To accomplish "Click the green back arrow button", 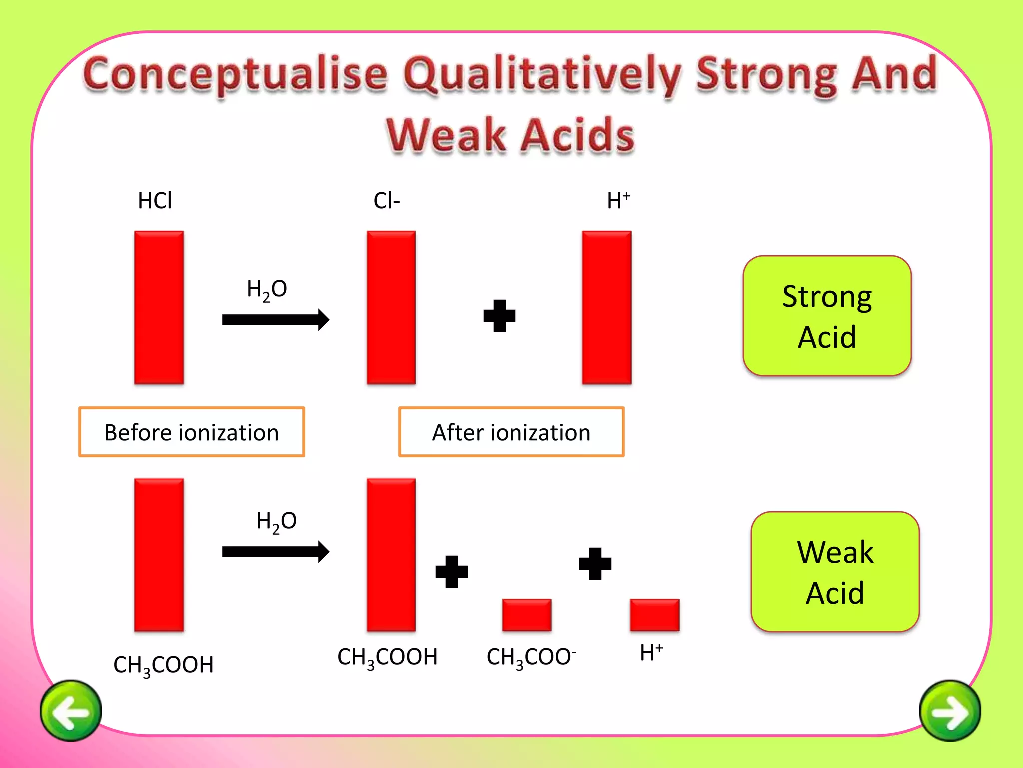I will pos(71,710).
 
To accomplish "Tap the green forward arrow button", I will pos(950,710).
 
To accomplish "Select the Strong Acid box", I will pos(827,316).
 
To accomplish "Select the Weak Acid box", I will pos(835,572).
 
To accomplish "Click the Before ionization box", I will pos(191,432).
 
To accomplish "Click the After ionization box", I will pos(511,432).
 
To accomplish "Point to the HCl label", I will pos(155,200).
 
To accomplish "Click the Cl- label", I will pos(386,200).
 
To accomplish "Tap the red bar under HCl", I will pos(159,307).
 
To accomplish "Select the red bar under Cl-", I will pos(391,307).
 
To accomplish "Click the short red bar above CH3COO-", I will pos(526,615).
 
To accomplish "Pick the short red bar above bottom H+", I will pos(654,615).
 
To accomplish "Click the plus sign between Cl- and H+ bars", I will pos(499,316).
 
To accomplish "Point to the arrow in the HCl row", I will pos(275,320).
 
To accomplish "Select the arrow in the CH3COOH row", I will pos(275,552).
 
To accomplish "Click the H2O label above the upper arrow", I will pos(267,289).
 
